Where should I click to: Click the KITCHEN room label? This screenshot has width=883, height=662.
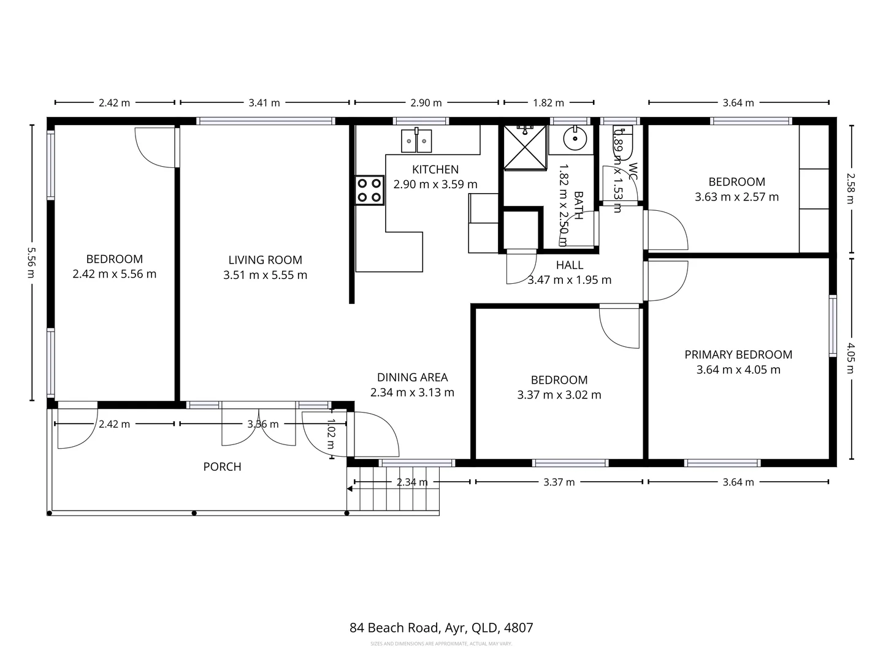(435, 170)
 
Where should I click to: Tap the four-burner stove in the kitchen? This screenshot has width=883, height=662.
(369, 190)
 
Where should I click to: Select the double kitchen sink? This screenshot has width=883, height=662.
(416, 141)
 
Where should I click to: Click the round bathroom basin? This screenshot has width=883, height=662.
(575, 139)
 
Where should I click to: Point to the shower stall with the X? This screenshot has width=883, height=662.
(524, 146)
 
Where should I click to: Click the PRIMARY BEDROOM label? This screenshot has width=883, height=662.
(738, 355)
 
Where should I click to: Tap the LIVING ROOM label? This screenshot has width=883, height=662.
(265, 260)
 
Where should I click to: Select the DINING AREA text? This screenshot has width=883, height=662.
(412, 378)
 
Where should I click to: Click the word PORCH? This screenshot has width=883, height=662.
(222, 467)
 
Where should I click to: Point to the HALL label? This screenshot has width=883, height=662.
(569, 265)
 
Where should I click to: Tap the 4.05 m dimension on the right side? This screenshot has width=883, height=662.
(851, 358)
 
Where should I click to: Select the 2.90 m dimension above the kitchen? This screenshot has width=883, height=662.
(426, 103)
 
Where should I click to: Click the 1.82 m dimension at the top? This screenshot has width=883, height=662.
(548, 103)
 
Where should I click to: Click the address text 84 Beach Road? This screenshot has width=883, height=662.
(441, 628)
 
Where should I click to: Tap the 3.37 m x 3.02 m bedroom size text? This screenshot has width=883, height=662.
(559, 395)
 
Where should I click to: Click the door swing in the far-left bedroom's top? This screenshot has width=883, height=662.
(155, 147)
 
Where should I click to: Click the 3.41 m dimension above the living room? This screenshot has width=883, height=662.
(264, 103)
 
